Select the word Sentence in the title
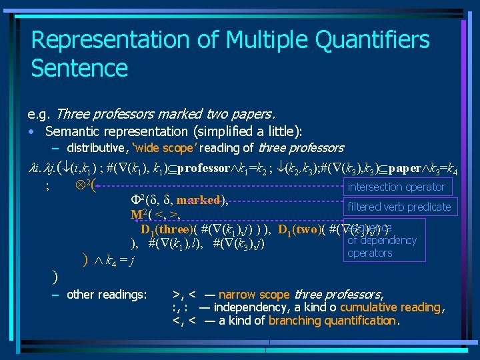pos(79,68)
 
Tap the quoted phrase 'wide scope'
pos(161,148)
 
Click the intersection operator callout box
pos(396,187)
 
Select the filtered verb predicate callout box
pos(399,207)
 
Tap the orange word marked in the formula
pos(198,200)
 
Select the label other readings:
pos(107,294)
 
